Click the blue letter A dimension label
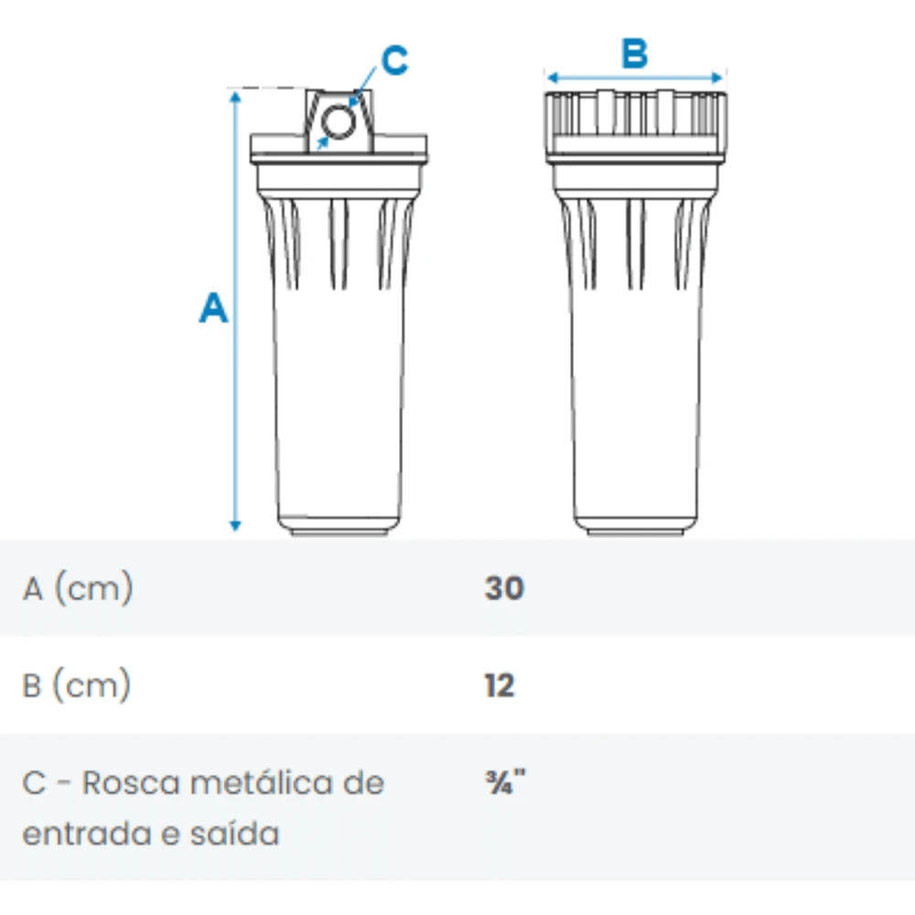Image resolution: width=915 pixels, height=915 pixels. (x=213, y=307)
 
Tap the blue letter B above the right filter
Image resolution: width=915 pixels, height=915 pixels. (x=635, y=53)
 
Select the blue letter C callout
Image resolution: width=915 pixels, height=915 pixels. (x=394, y=60)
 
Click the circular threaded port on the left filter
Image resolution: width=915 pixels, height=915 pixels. (x=339, y=122)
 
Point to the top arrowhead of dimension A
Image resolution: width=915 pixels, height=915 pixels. (x=235, y=97)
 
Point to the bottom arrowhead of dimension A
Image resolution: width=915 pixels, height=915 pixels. (x=235, y=525)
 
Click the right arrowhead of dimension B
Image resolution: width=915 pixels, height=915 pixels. (x=717, y=78)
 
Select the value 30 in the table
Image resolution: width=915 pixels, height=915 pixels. (x=504, y=588)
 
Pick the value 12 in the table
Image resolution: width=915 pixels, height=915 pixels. (x=500, y=685)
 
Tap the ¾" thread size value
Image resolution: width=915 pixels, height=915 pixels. (x=505, y=782)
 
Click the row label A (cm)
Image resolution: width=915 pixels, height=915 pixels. (x=78, y=588)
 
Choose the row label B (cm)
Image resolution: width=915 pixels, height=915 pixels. (x=77, y=685)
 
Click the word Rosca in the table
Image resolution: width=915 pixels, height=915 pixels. (x=131, y=782)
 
